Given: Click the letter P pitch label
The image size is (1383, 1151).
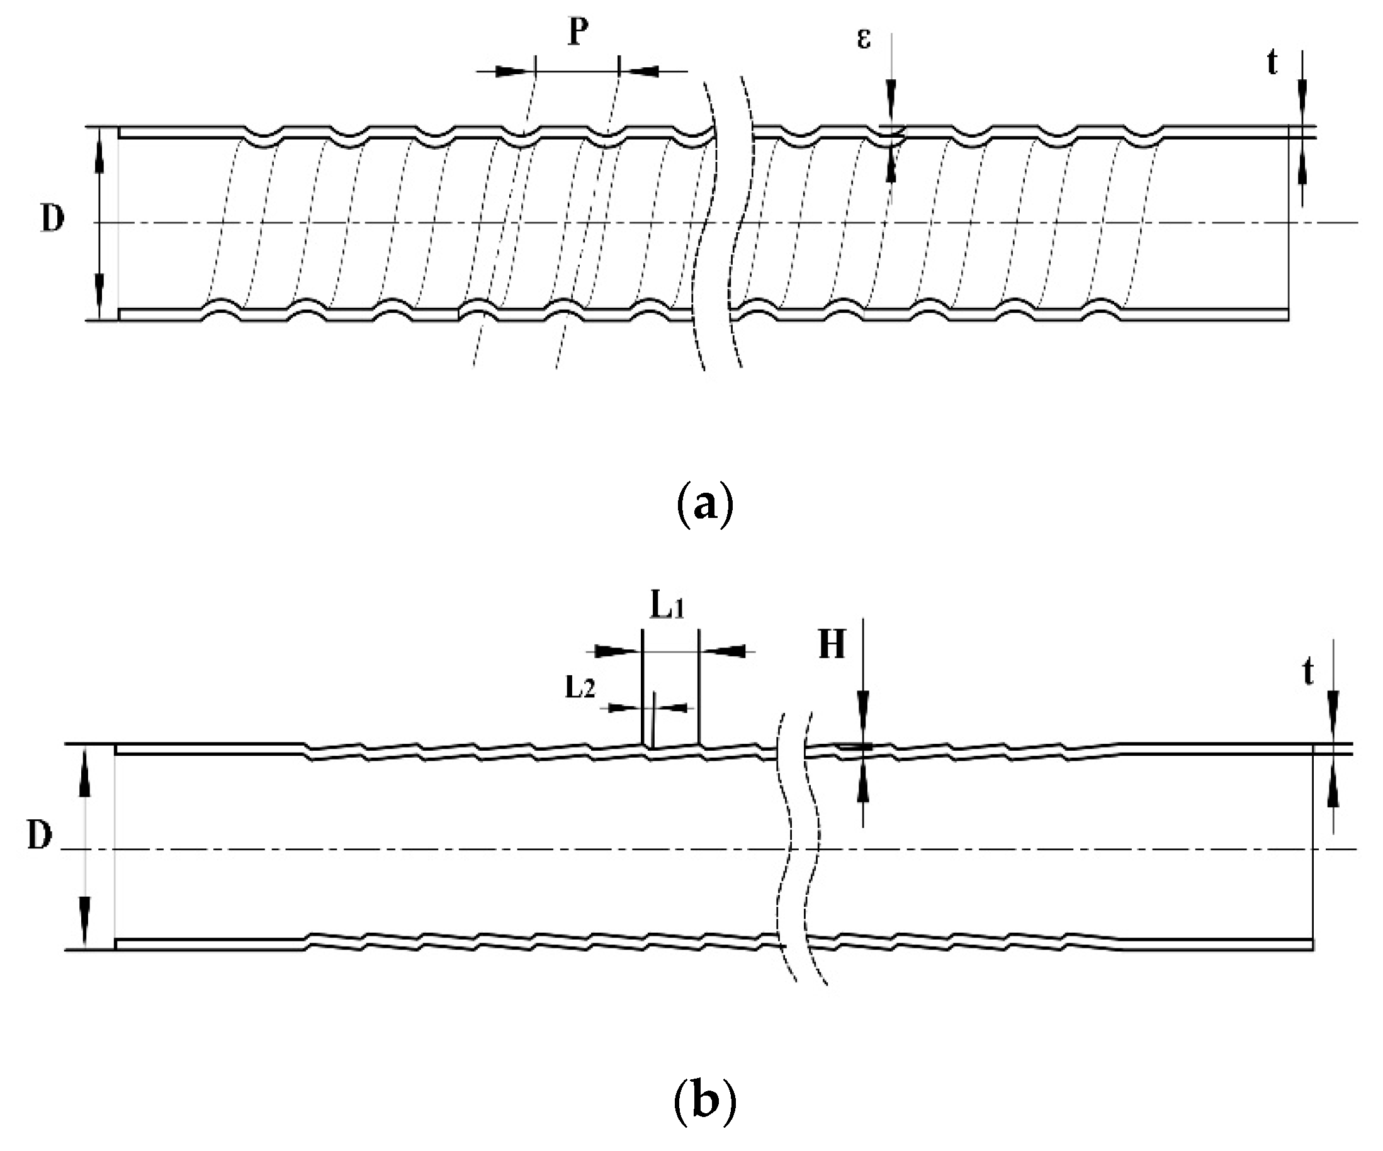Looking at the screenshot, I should (579, 32).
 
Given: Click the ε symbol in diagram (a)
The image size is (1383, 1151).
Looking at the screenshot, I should (864, 38).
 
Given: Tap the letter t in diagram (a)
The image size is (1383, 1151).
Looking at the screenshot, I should (1272, 63).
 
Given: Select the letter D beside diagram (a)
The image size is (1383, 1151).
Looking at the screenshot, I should (53, 218).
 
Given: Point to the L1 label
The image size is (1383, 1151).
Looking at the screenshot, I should (667, 607).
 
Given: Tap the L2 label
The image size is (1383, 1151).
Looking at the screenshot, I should (580, 688).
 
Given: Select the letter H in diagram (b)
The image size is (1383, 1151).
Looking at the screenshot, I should (831, 645).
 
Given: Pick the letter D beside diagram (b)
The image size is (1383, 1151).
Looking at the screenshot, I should (40, 836).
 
